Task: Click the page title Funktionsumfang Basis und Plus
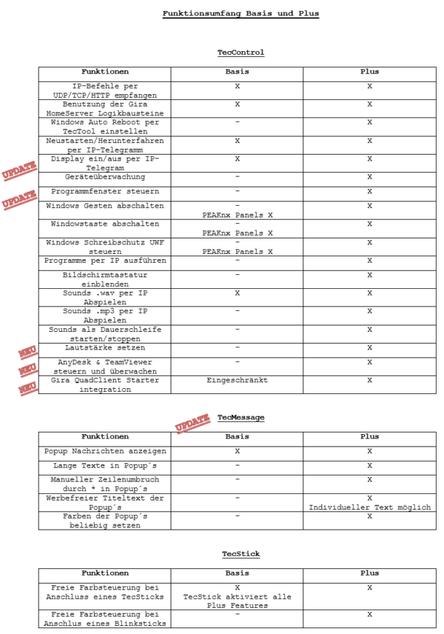click(x=240, y=13)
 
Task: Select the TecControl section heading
click(x=240, y=53)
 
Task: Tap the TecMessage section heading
click(x=240, y=418)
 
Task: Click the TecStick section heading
click(x=240, y=554)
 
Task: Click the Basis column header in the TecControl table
click(x=237, y=72)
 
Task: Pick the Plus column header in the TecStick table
click(x=369, y=573)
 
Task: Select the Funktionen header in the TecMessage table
click(x=104, y=437)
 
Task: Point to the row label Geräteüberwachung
click(x=104, y=178)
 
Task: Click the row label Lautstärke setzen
click(x=104, y=347)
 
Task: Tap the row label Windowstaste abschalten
click(x=104, y=224)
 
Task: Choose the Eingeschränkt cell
click(x=237, y=380)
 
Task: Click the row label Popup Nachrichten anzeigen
click(x=104, y=451)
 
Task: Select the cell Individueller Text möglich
click(x=369, y=507)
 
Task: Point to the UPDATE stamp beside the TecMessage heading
click(x=192, y=424)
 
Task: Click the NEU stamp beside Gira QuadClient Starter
click(x=28, y=387)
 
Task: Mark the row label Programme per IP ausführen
click(x=104, y=261)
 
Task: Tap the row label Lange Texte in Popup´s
click(x=104, y=466)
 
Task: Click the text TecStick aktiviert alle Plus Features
click(x=237, y=601)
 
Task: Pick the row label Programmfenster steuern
click(x=104, y=191)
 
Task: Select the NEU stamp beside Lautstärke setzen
click(x=28, y=353)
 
